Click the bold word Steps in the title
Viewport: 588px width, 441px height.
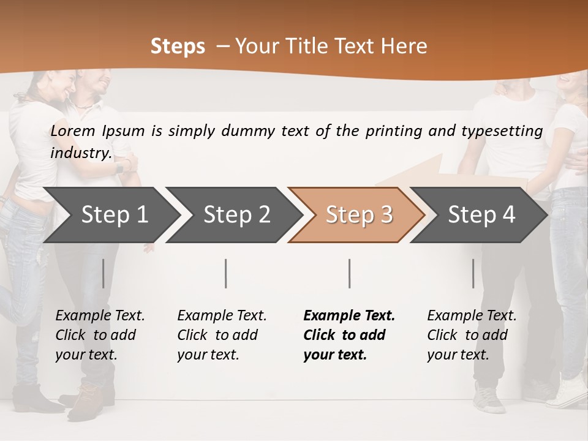tap(178, 47)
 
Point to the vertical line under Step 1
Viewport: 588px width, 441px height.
tap(104, 273)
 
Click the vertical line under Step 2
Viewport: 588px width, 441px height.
tap(226, 273)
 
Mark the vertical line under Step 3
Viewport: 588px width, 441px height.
tap(350, 273)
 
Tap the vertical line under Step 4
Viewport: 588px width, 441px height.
tap(473, 273)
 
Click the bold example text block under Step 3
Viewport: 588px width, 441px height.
tap(349, 335)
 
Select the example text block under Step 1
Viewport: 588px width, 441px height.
tap(100, 335)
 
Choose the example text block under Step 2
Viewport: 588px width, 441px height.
tap(222, 335)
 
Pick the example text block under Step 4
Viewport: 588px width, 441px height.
tap(472, 335)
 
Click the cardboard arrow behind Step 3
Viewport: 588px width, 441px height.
tap(423, 171)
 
